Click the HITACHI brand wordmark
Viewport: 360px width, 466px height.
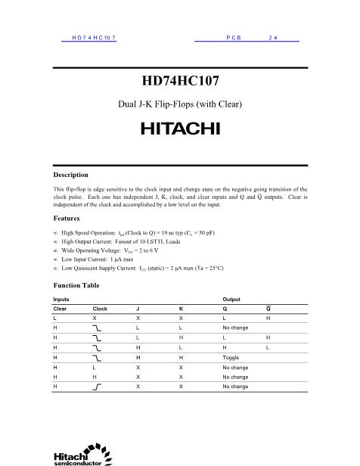click(x=179, y=128)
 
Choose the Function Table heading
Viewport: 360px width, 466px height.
click(x=77, y=286)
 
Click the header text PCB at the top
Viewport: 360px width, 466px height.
click(x=233, y=37)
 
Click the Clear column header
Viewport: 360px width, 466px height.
click(x=60, y=309)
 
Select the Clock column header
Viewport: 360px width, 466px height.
click(x=100, y=309)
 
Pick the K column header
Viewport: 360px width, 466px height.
click(x=181, y=309)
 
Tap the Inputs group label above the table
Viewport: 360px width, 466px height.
click(x=61, y=300)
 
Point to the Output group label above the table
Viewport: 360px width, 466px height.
click(x=231, y=300)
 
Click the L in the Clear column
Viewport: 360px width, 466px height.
click(x=54, y=318)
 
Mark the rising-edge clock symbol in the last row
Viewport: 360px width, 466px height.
click(x=98, y=386)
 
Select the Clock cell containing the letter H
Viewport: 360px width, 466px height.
click(x=94, y=376)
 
